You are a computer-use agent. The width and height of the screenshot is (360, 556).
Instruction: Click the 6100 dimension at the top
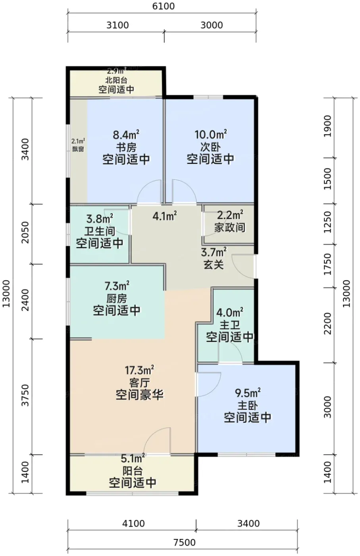point(163,6)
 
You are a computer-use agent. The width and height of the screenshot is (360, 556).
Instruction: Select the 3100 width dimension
point(117,25)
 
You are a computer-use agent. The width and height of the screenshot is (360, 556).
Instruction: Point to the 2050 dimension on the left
point(25,232)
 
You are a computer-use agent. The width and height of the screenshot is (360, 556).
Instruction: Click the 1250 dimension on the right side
point(327,222)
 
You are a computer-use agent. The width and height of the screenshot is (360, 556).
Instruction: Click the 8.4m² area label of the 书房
point(126,135)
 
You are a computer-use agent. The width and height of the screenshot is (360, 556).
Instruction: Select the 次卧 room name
point(210,147)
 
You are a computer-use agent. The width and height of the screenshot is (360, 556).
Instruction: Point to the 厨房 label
point(117,299)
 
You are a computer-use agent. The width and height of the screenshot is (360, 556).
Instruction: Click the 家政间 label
point(230,228)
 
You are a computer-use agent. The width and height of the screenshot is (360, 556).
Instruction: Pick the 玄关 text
point(214,265)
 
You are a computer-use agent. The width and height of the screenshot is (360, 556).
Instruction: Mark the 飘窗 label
point(78,149)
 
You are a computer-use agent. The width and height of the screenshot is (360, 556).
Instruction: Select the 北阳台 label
point(116,80)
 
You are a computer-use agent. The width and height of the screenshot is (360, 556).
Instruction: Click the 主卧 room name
point(247,406)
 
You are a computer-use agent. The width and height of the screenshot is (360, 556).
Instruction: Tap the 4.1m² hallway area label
point(165,216)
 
